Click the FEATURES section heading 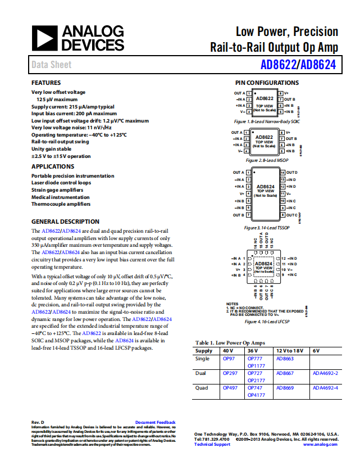tap(46, 83)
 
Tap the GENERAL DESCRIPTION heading tap(65, 221)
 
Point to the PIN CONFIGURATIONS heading tap(267, 83)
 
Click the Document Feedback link tap(155, 422)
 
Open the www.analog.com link tap(321, 445)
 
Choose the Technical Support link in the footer tap(212, 445)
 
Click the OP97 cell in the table tap(229, 358)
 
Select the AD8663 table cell tap(285, 358)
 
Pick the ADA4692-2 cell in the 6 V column tap(326, 373)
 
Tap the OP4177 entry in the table tap(256, 395)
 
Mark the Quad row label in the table tap(202, 388)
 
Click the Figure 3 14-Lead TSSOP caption tap(267, 228)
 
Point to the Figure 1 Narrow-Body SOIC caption tap(267, 121)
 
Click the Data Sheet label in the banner tap(51, 65)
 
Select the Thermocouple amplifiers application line tap(61, 204)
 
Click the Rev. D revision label tap(38, 422)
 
